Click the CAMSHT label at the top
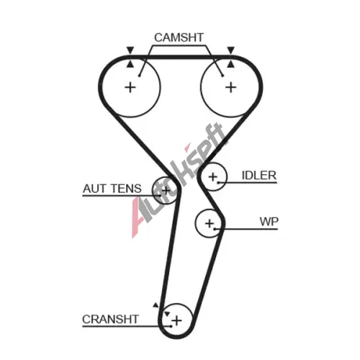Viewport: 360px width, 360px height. point(179,37)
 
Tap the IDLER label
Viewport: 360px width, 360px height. point(259,176)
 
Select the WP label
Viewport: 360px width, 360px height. point(269,222)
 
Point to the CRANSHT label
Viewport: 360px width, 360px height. point(110,319)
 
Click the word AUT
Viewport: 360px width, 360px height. point(95,189)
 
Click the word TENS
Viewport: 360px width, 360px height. point(127,189)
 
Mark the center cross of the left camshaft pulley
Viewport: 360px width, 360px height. point(130,87)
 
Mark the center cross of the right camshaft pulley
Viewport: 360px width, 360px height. point(231,87)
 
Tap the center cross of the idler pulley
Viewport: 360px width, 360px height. point(212,177)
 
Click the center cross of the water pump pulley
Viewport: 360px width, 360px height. point(210,223)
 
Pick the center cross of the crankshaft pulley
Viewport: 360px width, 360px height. point(177,320)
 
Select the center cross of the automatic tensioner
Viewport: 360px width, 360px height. point(166,191)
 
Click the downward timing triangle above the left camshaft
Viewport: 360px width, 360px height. point(130,50)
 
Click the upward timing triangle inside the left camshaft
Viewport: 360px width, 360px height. point(130,64)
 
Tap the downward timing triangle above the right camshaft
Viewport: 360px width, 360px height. point(231,50)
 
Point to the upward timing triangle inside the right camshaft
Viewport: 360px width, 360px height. point(231,64)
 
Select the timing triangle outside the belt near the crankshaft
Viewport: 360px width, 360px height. point(156,305)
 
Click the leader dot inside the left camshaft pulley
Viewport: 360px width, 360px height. point(139,76)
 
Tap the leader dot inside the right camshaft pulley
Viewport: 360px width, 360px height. point(222,76)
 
